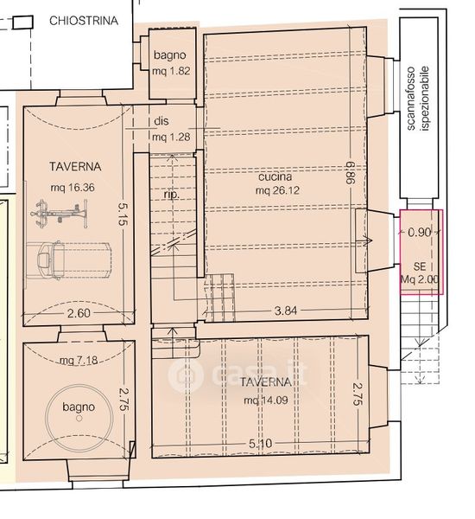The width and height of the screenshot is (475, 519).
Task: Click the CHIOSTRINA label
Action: tap(84, 21)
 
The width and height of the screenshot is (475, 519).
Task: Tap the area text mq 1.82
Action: tap(171, 71)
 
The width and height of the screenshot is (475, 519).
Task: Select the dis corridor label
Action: tap(161, 121)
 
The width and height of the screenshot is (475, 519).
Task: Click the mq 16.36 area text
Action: tap(73, 188)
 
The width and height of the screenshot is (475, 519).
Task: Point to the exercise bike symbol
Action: tap(60, 214)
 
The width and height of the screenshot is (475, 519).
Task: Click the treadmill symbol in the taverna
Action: tap(68, 260)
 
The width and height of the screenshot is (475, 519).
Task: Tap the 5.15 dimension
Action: tap(123, 215)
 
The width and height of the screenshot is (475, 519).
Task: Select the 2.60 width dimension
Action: tap(79, 313)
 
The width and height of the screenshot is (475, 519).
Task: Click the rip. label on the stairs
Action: tap(172, 195)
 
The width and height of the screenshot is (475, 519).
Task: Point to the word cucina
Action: tap(275, 176)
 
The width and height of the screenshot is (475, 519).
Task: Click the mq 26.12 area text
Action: tap(277, 190)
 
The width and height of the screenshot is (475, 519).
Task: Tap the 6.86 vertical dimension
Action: tap(351, 172)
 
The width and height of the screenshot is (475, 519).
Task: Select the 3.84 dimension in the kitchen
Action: tap(286, 311)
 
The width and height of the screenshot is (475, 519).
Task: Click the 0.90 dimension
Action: tap(420, 233)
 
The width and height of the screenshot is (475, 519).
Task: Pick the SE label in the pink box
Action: tap(420, 266)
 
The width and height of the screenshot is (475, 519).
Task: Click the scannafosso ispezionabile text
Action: tap(417, 99)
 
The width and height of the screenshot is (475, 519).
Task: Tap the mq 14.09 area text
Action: tap(266, 400)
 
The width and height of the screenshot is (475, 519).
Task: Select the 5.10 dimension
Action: tap(261, 443)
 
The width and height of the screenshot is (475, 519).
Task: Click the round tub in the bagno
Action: tap(79, 418)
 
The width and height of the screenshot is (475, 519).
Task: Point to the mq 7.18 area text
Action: tap(79, 360)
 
